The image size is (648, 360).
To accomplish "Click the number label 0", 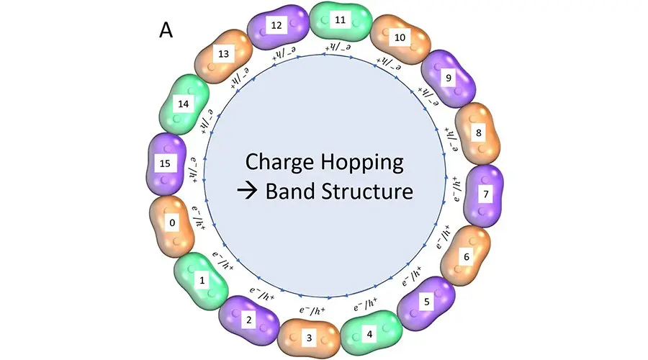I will pos(172,223).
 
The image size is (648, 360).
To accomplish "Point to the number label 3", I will pos(309,337).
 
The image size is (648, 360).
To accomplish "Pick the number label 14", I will pos(183,104).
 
